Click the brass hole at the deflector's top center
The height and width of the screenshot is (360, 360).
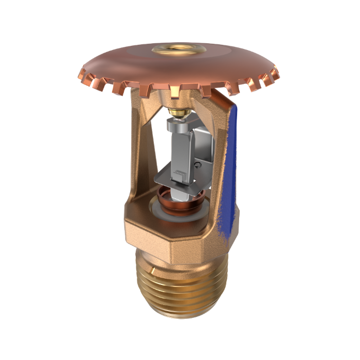click(179, 50)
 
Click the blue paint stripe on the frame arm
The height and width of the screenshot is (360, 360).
click(229, 170)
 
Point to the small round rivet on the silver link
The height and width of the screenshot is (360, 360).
click(199, 164)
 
